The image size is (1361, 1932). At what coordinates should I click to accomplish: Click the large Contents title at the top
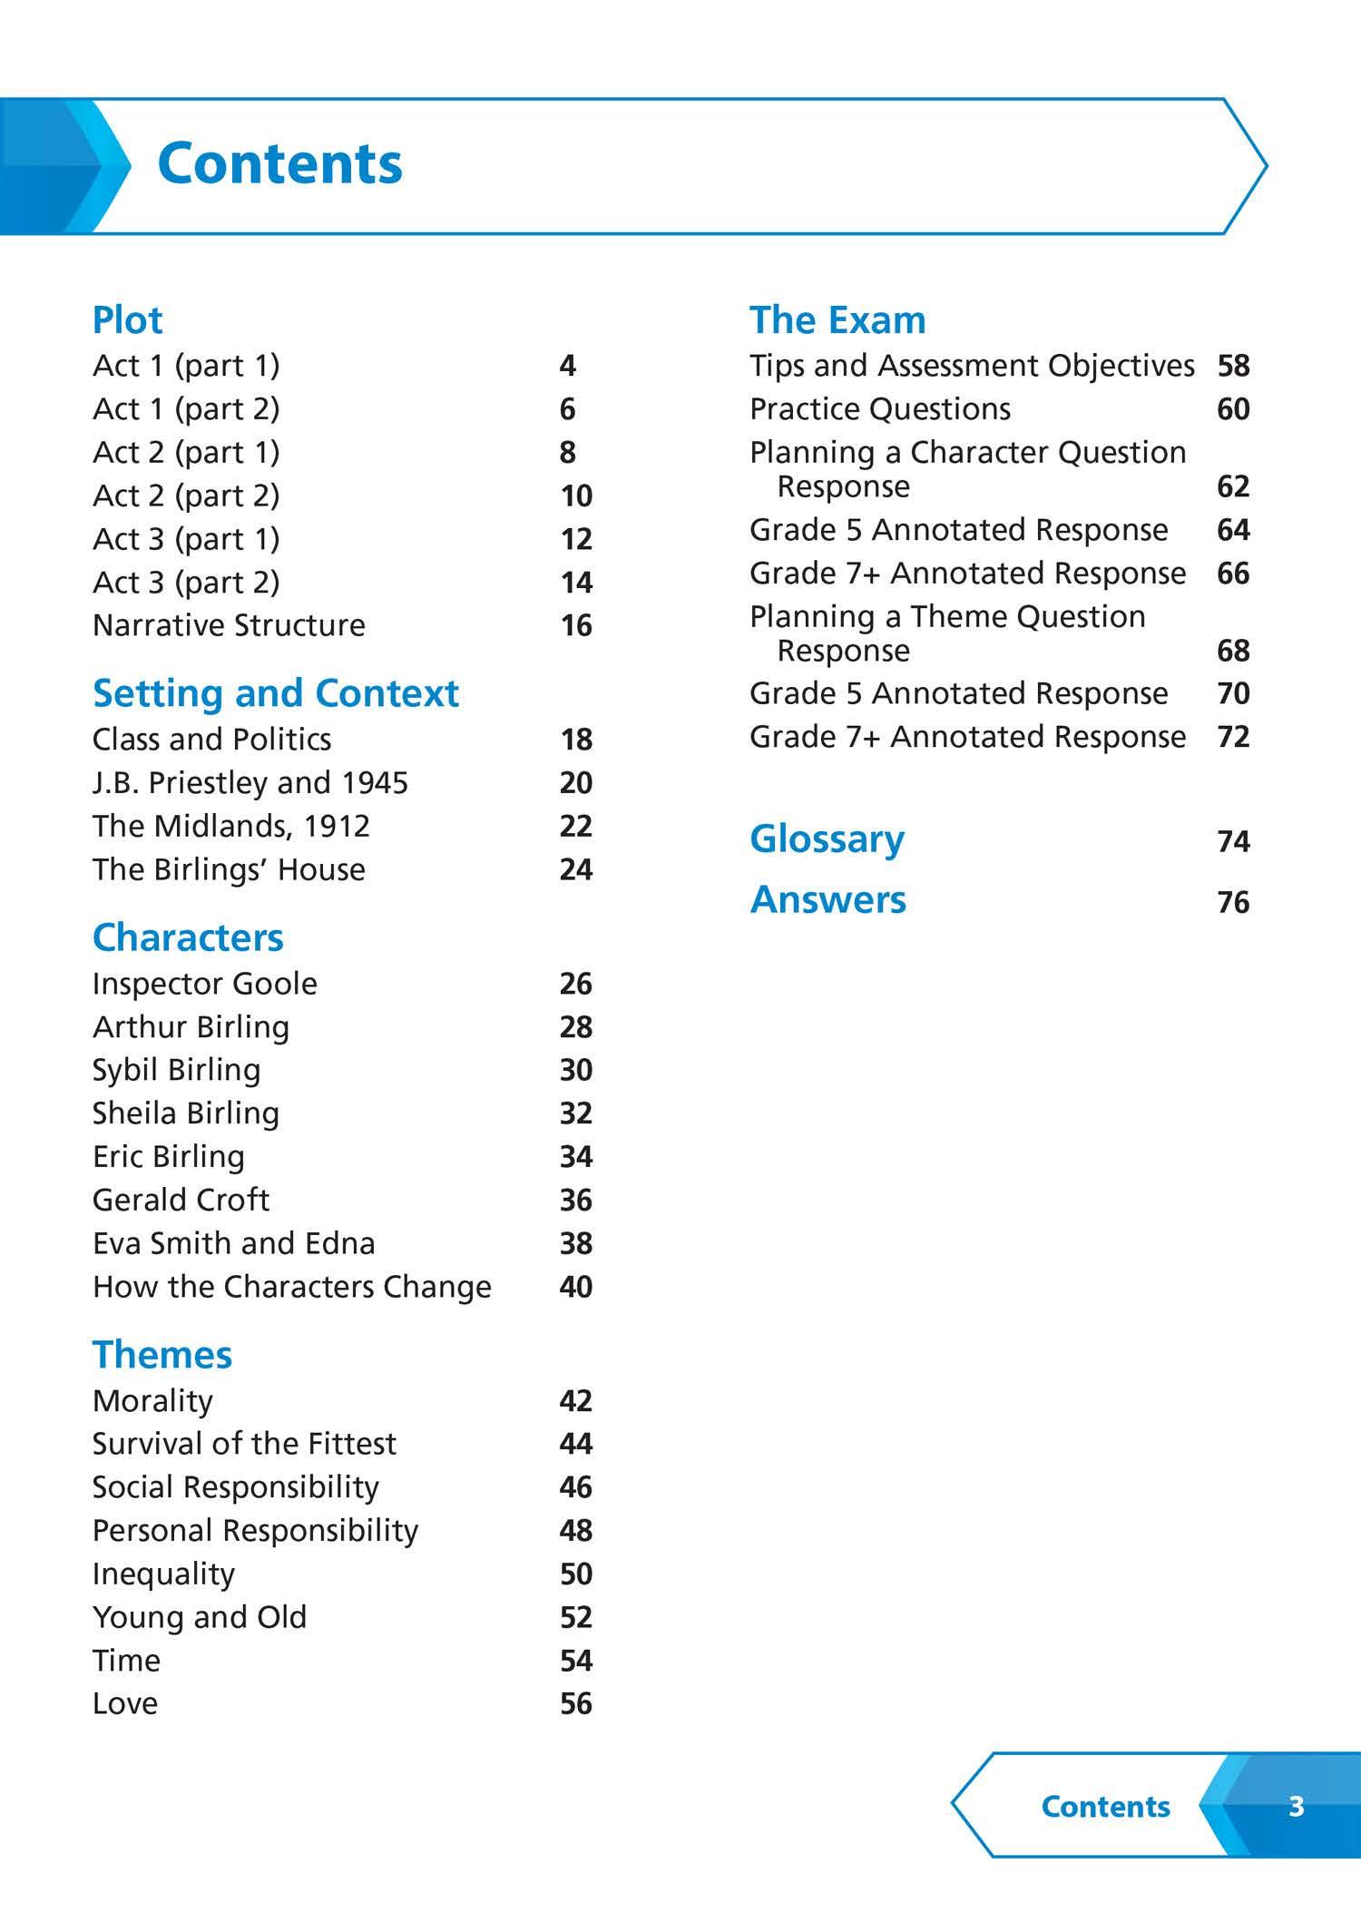coord(279,164)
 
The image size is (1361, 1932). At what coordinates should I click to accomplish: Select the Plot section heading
coord(128,320)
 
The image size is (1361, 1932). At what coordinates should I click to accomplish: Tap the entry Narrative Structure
coord(229,625)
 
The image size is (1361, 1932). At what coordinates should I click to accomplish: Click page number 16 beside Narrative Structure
coord(576,625)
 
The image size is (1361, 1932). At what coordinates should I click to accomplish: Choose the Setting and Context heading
coord(276,693)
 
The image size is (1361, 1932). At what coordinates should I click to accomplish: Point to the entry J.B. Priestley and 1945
coord(250,782)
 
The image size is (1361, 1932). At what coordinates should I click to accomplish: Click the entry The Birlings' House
coord(229,869)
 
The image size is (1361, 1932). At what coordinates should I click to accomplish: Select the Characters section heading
coord(188,937)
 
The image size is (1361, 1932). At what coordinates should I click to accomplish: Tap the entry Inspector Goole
coord(205,984)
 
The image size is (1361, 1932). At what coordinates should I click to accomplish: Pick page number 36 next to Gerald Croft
coord(576,1200)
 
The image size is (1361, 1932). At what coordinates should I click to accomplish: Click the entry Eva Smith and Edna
coord(234,1243)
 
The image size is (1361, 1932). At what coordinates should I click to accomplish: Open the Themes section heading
coord(162,1355)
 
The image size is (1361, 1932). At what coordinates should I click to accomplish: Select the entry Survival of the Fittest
coord(245,1444)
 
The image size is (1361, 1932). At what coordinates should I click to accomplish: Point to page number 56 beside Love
coord(576,1703)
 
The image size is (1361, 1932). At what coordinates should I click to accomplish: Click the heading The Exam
coord(837,320)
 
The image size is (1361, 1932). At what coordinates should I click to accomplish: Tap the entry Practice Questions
coord(880,409)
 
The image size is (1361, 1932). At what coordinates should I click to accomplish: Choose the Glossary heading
coord(827,839)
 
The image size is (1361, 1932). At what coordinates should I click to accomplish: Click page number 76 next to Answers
coord(1233,902)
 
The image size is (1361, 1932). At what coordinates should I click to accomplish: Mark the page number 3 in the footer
coord(1296,1806)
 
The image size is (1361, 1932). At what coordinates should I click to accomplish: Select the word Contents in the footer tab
coord(1105,1806)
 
